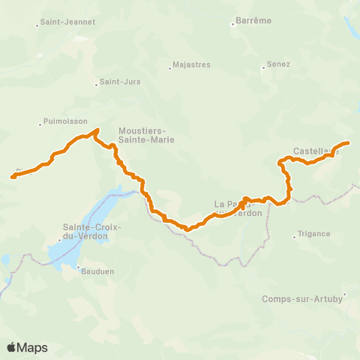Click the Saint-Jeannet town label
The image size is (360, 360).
(x=68, y=22)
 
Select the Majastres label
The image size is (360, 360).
(x=191, y=65)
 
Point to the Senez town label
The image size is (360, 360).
(x=279, y=66)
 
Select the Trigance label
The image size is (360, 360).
(x=313, y=234)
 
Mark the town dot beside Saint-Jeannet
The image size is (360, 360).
(x=37, y=26)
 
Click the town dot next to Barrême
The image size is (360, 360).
(x=232, y=25)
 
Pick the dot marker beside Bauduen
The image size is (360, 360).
(x=77, y=265)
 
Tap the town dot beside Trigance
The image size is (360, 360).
(x=294, y=238)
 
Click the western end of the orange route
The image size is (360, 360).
(x=13, y=177)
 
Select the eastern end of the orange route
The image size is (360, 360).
(x=348, y=142)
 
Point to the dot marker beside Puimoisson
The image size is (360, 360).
(x=40, y=124)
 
